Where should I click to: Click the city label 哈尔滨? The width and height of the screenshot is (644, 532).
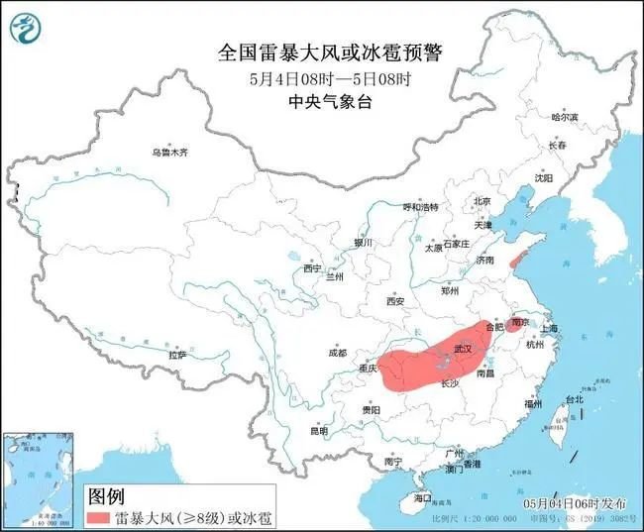(x=565, y=117)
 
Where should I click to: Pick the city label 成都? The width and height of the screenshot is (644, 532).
(x=337, y=353)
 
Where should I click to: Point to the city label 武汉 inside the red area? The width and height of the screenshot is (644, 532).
(x=462, y=350)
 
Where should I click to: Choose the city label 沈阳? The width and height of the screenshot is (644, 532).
(x=544, y=178)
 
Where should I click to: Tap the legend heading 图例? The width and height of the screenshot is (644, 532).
(x=106, y=494)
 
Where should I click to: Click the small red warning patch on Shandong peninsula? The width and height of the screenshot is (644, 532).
(x=514, y=258)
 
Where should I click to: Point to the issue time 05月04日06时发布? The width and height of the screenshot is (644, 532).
(x=573, y=503)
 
